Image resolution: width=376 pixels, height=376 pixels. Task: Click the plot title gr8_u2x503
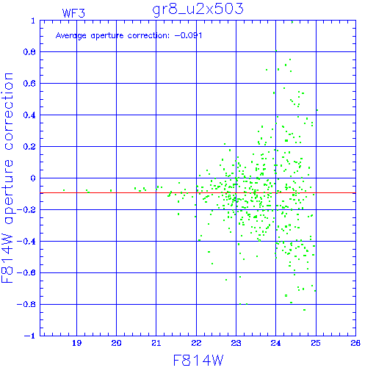pos(198,10)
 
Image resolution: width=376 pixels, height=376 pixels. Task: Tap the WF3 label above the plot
pos(73,13)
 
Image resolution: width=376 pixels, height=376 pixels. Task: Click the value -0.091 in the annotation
pos(188,36)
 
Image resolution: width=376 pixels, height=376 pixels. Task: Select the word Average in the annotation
pos(71,36)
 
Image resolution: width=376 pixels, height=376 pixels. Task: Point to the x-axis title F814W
pos(198,361)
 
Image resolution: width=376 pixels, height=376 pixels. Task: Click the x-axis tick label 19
pos(76,343)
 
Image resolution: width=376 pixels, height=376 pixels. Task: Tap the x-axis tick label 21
pos(156,343)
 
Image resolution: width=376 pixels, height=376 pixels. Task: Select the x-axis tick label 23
pos(236,343)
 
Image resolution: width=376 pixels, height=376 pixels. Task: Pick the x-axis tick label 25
pos(316,343)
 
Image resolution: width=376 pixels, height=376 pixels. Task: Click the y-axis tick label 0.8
pos(29,52)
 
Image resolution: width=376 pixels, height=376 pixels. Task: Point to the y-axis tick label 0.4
pos(29,115)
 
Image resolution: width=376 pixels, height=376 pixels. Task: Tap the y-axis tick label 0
pos(33,178)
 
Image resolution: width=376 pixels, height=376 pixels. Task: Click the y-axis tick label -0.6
pos(26,272)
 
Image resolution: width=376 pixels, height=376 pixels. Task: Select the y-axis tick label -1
pos(30,336)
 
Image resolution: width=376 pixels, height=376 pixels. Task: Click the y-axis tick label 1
pos(33,21)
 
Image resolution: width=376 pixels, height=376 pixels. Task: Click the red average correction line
pos(198,193)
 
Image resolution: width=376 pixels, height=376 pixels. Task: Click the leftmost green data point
pos(64,190)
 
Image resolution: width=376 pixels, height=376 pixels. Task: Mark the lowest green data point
pos(304,310)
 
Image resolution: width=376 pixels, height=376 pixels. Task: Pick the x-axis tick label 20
pos(116,343)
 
